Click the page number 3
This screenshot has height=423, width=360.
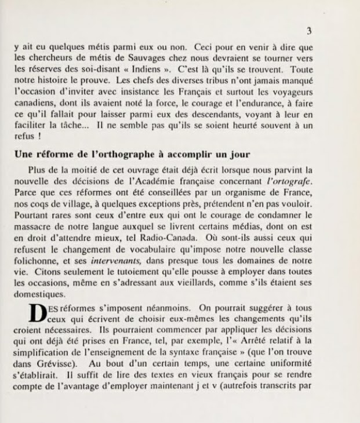click(x=309, y=31)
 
